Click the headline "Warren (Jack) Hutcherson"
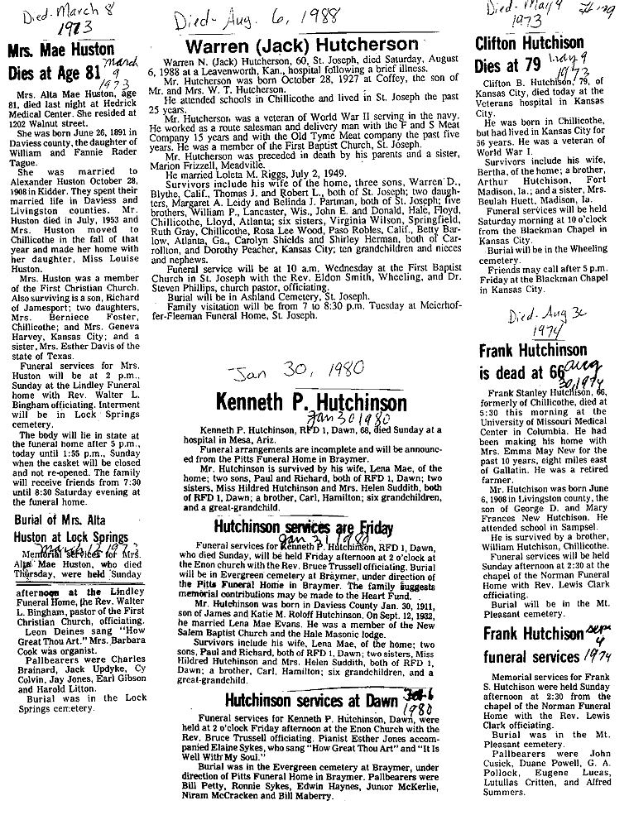[x=301, y=45]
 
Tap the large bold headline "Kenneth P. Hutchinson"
[x=311, y=403]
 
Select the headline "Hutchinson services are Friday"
[x=303, y=529]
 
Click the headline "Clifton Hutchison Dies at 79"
[x=529, y=55]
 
